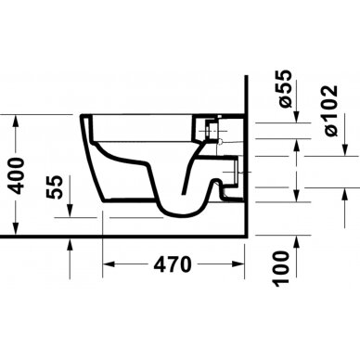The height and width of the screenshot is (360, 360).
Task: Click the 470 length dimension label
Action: click(173, 264)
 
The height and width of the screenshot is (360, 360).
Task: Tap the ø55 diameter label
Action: click(285, 89)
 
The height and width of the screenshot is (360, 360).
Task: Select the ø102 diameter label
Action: click(331, 110)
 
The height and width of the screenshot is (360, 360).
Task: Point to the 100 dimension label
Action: click(281, 268)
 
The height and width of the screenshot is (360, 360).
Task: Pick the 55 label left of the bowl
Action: click(55, 187)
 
